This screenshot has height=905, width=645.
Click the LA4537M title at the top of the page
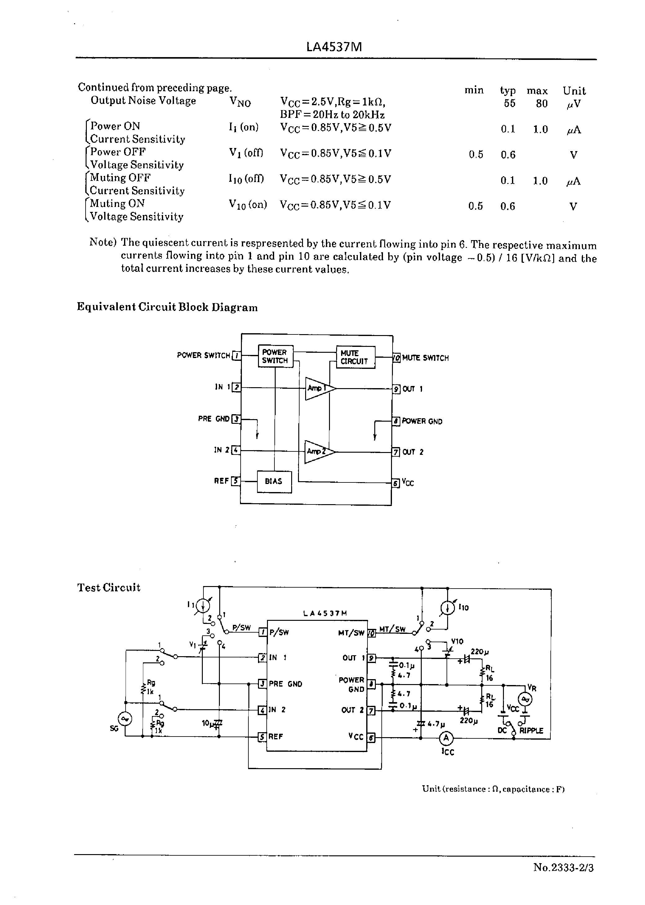(x=334, y=47)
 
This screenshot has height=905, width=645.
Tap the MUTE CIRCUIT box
(x=355, y=357)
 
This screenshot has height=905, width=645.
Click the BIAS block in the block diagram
(x=274, y=482)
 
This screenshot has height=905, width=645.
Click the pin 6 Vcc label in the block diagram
(x=408, y=483)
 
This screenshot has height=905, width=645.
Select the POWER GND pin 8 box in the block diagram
(x=396, y=421)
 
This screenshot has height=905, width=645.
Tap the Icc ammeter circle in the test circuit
(x=446, y=738)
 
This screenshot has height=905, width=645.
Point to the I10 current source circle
(x=447, y=608)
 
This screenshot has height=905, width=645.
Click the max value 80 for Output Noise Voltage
(x=541, y=104)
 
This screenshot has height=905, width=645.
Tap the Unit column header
(x=574, y=91)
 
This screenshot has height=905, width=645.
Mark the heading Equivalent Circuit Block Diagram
(x=167, y=307)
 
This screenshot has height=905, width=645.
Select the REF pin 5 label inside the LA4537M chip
(x=276, y=737)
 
